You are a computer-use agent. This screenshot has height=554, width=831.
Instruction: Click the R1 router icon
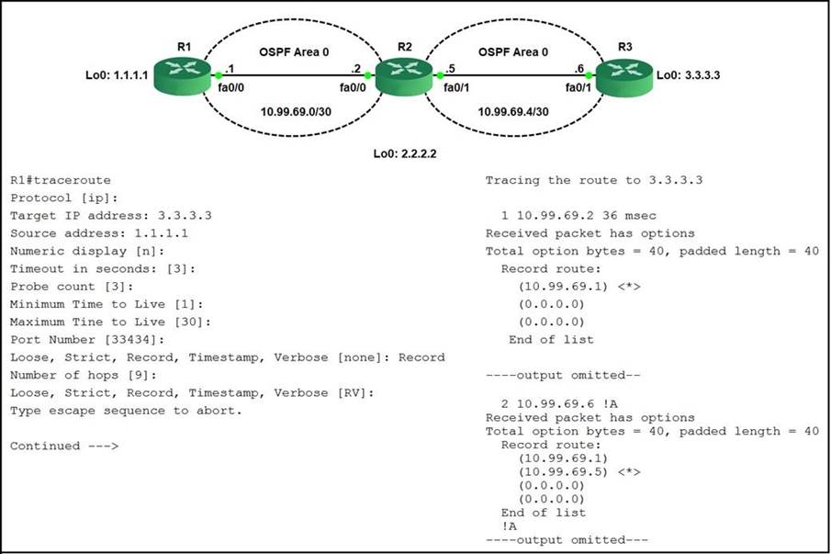[x=183, y=76]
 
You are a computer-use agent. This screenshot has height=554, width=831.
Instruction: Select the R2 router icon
[x=404, y=76]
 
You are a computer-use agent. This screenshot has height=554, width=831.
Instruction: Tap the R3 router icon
[x=624, y=77]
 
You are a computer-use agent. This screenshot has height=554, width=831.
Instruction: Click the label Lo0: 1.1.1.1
[x=117, y=74]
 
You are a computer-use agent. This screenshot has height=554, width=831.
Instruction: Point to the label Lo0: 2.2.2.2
[x=405, y=153]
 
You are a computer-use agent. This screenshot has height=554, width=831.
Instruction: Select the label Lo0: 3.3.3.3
[x=688, y=74]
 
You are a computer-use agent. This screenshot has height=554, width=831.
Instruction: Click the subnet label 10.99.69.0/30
[x=296, y=111]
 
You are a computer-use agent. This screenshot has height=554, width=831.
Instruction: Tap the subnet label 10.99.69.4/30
[x=513, y=111]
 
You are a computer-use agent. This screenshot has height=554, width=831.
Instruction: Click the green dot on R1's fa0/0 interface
[x=219, y=75]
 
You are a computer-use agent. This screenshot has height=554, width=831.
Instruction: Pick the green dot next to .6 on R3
[x=589, y=75]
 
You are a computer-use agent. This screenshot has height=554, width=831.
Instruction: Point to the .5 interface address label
[x=450, y=68]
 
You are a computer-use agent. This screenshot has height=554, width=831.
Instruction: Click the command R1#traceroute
[x=61, y=180]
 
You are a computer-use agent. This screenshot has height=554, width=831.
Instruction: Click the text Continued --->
[x=64, y=447]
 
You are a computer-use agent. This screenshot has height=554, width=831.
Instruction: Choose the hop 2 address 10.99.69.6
[x=556, y=404]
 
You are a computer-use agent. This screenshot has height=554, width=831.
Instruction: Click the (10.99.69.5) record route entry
[x=563, y=472]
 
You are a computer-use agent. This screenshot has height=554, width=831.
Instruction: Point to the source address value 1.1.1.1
[x=161, y=233]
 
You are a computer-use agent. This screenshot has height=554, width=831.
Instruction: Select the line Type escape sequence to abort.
[x=126, y=411]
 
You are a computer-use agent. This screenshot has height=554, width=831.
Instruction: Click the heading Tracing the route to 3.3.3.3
[x=594, y=180]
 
